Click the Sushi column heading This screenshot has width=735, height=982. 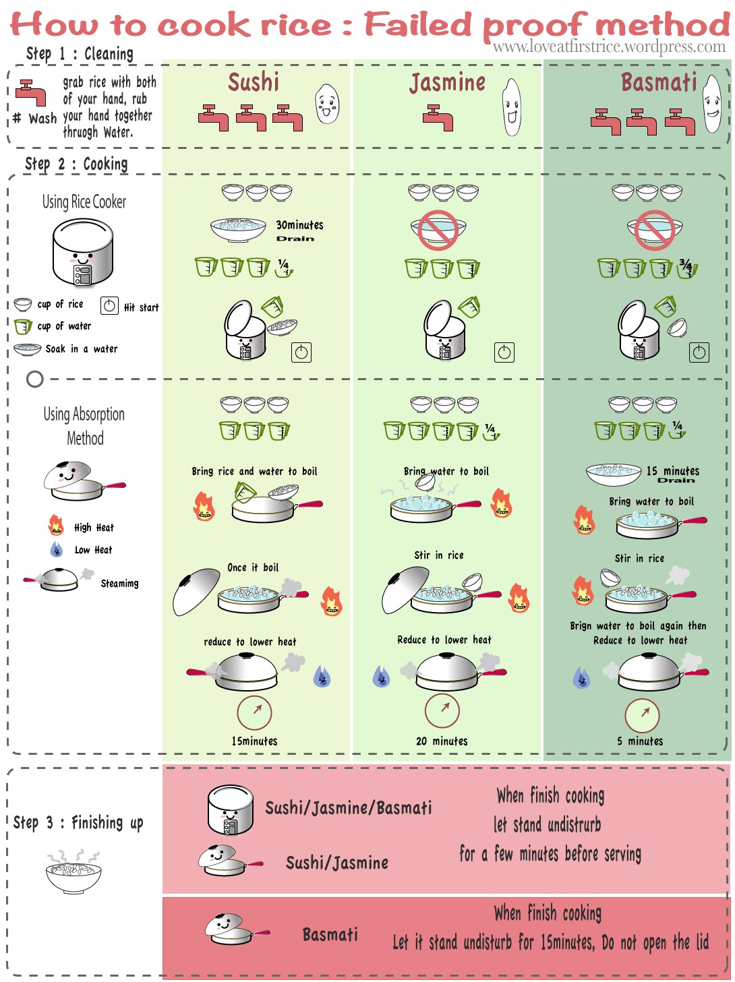click(x=254, y=82)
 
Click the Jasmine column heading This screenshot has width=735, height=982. click(x=447, y=83)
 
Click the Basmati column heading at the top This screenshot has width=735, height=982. click(x=658, y=82)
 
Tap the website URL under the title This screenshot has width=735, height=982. click(x=609, y=47)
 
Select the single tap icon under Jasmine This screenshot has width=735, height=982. click(x=438, y=117)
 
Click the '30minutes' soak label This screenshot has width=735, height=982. click(x=299, y=225)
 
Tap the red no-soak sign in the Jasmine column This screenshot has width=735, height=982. click(x=438, y=229)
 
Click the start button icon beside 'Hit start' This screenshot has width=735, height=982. click(x=109, y=306)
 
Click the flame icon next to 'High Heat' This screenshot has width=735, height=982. click(x=56, y=525)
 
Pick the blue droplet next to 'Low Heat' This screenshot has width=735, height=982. click(x=57, y=549)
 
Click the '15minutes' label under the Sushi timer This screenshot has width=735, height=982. click(x=254, y=741)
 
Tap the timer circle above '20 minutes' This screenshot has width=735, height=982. click(x=442, y=710)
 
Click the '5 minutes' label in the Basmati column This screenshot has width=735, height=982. click(x=640, y=741)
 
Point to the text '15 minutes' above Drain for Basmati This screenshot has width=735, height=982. click(x=673, y=470)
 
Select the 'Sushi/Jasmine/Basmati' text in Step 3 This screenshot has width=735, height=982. click(x=348, y=807)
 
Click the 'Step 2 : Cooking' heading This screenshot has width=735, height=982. click(x=76, y=164)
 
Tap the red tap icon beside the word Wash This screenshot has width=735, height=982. click(x=30, y=93)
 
